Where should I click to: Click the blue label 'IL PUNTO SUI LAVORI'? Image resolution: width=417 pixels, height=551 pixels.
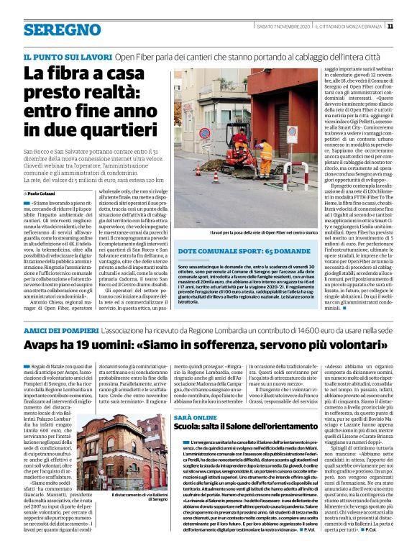[x=68, y=55]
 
